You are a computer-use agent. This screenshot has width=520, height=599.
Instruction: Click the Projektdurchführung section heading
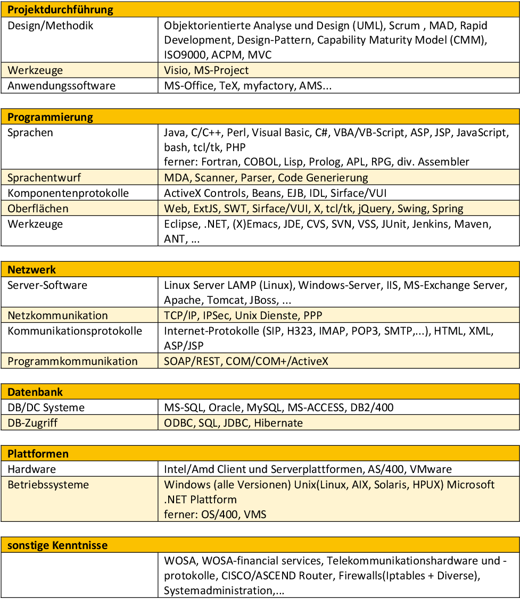[60, 10]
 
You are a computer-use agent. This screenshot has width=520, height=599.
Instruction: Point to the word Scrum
[405, 26]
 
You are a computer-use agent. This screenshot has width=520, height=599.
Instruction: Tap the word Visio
[176, 70]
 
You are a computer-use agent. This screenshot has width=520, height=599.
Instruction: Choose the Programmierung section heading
[50, 117]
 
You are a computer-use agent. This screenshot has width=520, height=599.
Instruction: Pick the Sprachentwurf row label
[44, 178]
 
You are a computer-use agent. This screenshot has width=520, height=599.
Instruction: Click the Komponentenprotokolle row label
[68, 193]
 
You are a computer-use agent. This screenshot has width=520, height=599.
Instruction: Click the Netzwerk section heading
[31, 270]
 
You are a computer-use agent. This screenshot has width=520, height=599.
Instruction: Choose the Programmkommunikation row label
[72, 361]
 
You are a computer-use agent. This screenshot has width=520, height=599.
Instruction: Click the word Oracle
[225, 407]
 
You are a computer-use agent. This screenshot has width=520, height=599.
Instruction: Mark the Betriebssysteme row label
[48, 485]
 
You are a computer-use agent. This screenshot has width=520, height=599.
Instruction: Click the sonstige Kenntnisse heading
[57, 545]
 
